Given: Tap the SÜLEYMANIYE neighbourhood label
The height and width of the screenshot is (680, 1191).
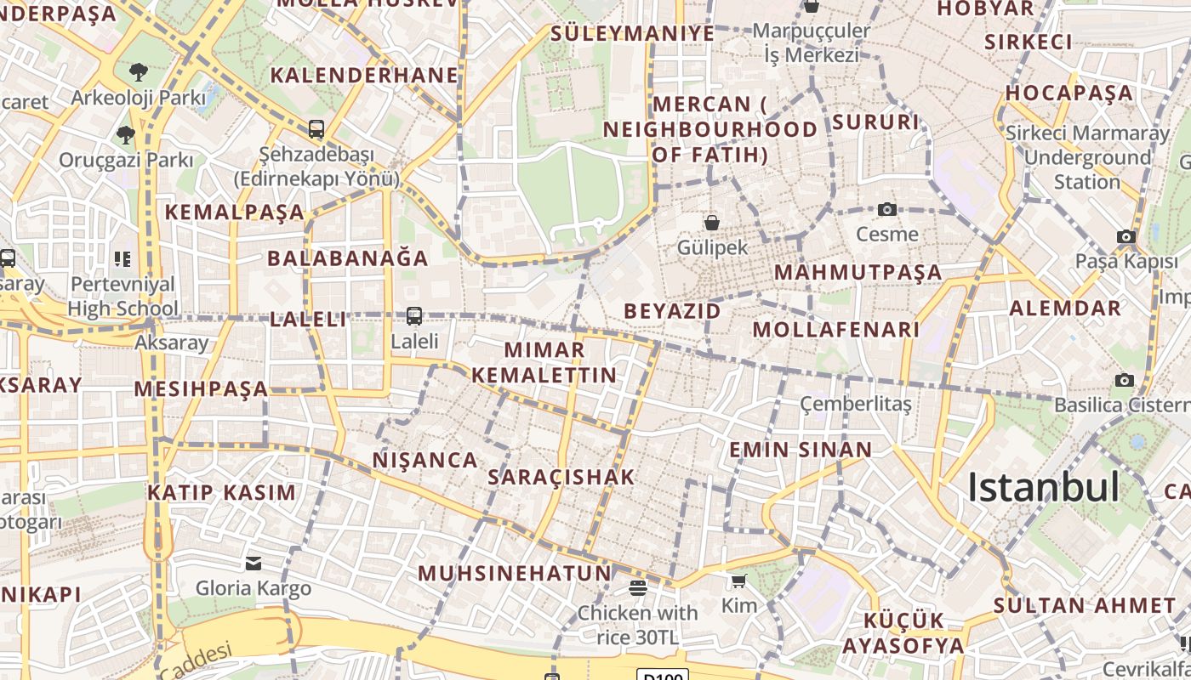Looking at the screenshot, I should pyautogui.click(x=632, y=33).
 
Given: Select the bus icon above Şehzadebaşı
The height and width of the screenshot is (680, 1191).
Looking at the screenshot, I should pyautogui.click(x=316, y=129).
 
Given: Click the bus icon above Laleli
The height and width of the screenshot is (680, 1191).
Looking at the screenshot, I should pyautogui.click(x=414, y=316).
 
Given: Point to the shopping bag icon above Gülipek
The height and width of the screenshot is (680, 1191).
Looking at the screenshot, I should pyautogui.click(x=712, y=223).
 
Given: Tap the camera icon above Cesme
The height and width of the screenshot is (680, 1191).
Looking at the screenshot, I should pyautogui.click(x=887, y=209).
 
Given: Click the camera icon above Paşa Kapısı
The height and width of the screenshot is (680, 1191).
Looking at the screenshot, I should pyautogui.click(x=1126, y=237).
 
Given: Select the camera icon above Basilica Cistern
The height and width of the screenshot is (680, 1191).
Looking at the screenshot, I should pyautogui.click(x=1125, y=380).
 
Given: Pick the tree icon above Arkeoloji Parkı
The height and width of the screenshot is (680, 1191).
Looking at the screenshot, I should pyautogui.click(x=138, y=72).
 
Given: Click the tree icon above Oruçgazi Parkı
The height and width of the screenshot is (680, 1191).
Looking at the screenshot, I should pyautogui.click(x=126, y=134).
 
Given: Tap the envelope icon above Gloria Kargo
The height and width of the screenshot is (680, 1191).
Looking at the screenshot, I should pyautogui.click(x=254, y=563).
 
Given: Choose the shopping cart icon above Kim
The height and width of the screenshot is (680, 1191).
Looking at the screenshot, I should pyautogui.click(x=738, y=581).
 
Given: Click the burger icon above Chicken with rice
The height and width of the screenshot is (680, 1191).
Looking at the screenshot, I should pyautogui.click(x=638, y=587).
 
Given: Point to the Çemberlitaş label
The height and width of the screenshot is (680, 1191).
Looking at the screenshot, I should pyautogui.click(x=856, y=404).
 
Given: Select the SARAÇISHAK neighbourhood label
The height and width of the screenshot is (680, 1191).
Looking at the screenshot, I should pyautogui.click(x=561, y=477).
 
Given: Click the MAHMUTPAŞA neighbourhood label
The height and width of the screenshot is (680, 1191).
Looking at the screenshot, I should pyautogui.click(x=858, y=273).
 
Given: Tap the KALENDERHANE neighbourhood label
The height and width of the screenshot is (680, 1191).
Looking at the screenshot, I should pyautogui.click(x=364, y=75).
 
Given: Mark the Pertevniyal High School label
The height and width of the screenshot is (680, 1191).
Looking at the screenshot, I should pyautogui.click(x=123, y=296).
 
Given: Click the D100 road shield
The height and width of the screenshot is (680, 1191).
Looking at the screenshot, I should pyautogui.click(x=662, y=675).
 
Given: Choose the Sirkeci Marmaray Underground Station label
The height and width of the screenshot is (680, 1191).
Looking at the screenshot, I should pyautogui.click(x=1087, y=157).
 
